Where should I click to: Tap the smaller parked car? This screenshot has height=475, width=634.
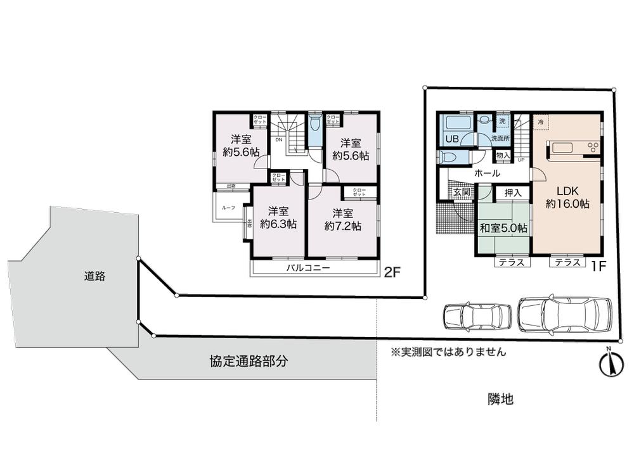(477, 316)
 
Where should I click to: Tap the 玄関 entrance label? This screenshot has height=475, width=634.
(460, 192)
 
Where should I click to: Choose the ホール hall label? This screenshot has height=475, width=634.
(487, 173)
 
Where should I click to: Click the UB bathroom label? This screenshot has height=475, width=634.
(452, 139)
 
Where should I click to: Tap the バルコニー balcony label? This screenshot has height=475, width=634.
(307, 268)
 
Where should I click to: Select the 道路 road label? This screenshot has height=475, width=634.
(94, 275)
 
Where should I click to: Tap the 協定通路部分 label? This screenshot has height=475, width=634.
(249, 362)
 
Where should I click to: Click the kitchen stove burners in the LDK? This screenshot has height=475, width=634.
(593, 148)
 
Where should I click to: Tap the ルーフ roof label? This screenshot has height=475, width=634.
(228, 208)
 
